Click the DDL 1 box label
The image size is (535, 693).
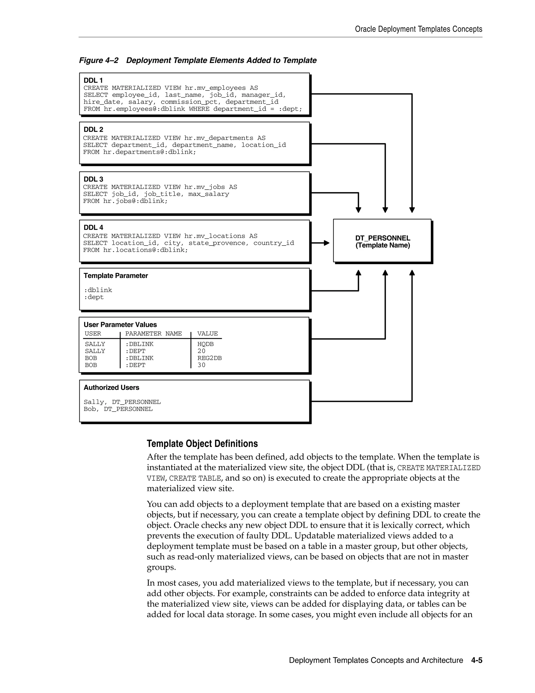93,80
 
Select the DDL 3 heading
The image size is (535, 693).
93,179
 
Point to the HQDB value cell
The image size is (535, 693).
205,344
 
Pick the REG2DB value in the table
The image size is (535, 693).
210,358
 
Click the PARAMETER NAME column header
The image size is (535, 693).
153,333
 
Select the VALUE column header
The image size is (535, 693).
208,333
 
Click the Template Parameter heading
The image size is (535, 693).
116,276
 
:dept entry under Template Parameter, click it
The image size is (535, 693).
94,297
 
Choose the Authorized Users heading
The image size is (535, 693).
111,388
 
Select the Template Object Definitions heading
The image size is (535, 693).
202,444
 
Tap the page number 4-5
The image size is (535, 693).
476,660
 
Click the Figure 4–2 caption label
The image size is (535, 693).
98,60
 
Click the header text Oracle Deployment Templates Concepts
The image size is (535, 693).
418,29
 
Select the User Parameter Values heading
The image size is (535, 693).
120,325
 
